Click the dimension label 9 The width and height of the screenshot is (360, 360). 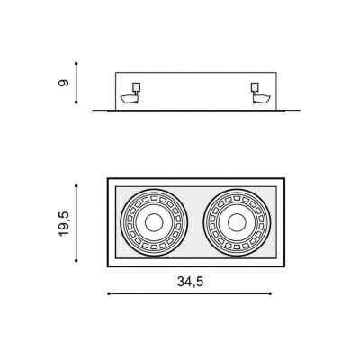(x=64, y=83)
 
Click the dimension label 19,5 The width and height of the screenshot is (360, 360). (x=64, y=223)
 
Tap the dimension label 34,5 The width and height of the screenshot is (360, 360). (x=190, y=282)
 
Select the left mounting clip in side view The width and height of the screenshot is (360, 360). (x=130, y=94)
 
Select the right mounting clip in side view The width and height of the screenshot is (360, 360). (x=261, y=94)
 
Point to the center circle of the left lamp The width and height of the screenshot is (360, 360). (x=154, y=223)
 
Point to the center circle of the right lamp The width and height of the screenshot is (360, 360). (x=237, y=223)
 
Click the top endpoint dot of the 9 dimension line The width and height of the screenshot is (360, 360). (x=76, y=64)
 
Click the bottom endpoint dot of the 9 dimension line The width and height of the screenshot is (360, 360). (x=76, y=103)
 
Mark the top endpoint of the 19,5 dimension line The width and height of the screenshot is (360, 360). (x=76, y=186)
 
